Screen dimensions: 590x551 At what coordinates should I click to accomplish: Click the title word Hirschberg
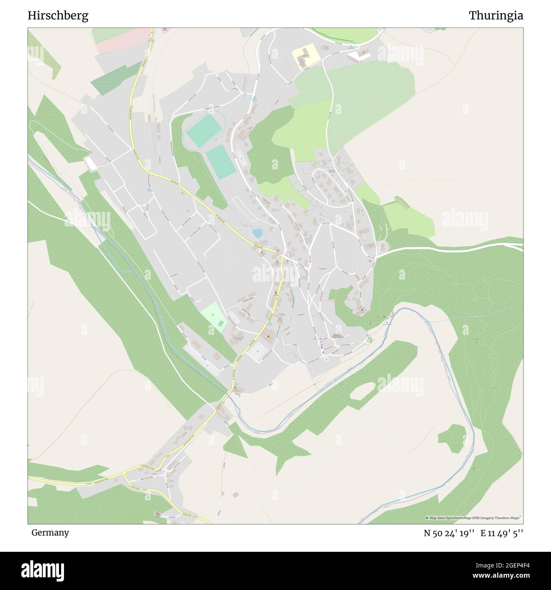tap(58, 16)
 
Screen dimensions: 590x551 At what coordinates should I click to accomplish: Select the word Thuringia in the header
tap(495, 16)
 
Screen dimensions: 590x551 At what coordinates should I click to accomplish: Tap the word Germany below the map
tap(50, 532)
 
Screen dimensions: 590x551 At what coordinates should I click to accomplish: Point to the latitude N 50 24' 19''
tap(450, 533)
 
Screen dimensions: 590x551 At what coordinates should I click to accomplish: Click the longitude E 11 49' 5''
tap(502, 533)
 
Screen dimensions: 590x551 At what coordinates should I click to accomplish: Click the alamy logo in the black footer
tap(42, 570)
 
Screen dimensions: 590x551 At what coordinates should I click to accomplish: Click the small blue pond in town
tap(257, 233)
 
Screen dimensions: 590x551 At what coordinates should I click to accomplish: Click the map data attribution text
tap(473, 518)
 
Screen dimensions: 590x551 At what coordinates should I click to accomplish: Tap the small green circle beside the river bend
tap(368, 340)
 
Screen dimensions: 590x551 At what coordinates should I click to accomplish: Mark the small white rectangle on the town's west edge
tap(91, 163)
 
